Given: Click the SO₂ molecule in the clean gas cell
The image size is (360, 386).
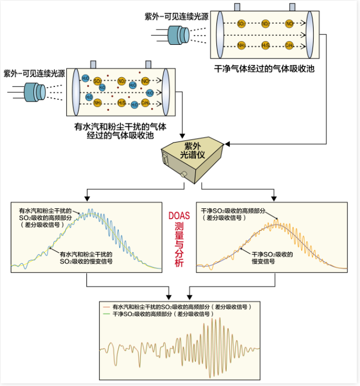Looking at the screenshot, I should coord(242,24).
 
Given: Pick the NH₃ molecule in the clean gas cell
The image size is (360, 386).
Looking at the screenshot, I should coord(242,46).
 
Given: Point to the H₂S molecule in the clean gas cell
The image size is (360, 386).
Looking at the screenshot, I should coord(266,46).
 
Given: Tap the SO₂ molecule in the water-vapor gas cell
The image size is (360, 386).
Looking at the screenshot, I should coord(98,81).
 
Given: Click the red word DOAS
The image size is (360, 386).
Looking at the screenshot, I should coord(179,215).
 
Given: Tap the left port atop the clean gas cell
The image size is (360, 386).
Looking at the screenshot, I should coord(237,6).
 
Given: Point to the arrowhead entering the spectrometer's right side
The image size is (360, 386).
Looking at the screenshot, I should coord(227,144).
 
